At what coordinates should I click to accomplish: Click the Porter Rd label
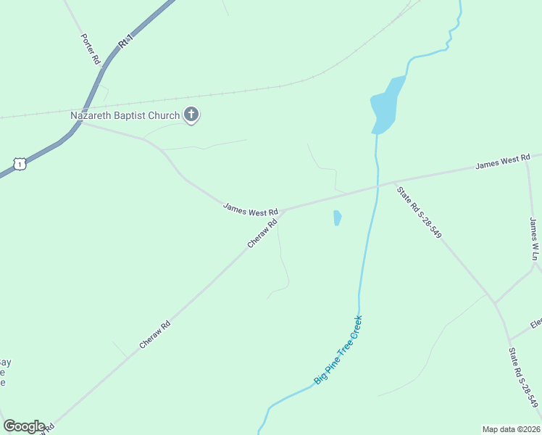pos(91,49)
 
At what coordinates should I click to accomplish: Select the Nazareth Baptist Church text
pos(125,115)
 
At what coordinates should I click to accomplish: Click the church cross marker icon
pos(191,115)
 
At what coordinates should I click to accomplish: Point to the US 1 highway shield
pos(20,164)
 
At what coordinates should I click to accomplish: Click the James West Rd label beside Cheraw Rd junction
pos(250,209)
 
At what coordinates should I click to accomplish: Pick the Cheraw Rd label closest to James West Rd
pos(263,234)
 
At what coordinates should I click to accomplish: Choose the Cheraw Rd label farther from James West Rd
pos(154,335)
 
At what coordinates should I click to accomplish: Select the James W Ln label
pos(535,239)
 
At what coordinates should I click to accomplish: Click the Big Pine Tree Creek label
pos(338,349)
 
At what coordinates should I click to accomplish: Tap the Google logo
pos(24,426)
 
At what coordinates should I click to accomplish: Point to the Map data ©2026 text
pos(510,429)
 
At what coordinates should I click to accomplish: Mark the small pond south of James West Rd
pos(337,217)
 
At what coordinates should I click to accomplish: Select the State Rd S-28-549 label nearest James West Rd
pos(419,212)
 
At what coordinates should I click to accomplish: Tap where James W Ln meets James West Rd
pos(527,157)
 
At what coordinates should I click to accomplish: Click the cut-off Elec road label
pos(535,323)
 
